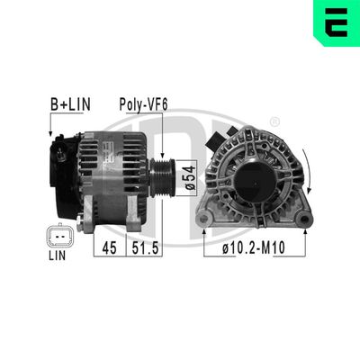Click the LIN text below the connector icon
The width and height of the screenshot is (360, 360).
[x=57, y=256]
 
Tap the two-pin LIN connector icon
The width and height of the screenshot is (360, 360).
[x=57, y=237]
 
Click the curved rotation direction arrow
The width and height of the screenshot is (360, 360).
[x=310, y=175]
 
